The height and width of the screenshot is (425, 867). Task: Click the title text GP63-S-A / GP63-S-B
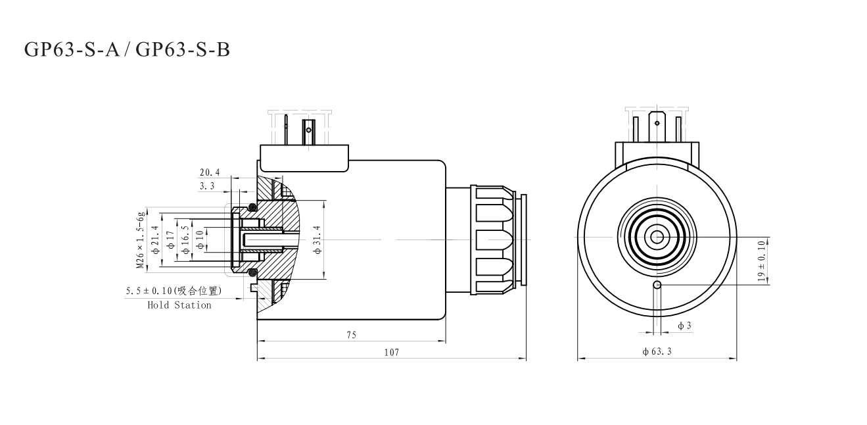[x=127, y=49]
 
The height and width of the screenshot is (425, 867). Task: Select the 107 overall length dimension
[x=392, y=352]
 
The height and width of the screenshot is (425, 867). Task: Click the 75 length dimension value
[x=351, y=335]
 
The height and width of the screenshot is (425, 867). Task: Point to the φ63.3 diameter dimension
[x=657, y=352]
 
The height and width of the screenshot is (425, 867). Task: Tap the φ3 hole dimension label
[x=684, y=326]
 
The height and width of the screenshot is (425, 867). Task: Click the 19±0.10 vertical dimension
[x=762, y=261]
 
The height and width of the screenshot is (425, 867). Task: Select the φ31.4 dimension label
[x=317, y=240]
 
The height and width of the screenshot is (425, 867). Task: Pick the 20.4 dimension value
[x=210, y=173]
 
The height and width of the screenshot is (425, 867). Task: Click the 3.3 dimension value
[x=207, y=186]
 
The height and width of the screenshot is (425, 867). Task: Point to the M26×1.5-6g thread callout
[x=140, y=240]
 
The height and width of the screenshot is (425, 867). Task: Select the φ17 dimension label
[x=170, y=240]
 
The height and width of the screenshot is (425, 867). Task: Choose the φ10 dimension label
[x=200, y=240]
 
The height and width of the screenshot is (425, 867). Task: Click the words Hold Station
[x=179, y=305]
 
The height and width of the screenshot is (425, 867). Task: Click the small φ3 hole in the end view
[x=657, y=284]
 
